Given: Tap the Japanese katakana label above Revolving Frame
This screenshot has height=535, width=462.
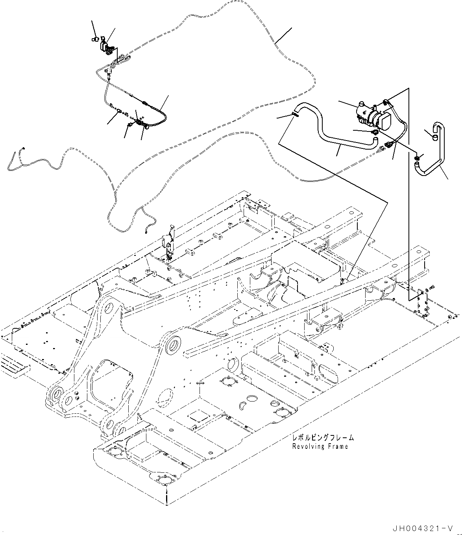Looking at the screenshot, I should click(x=322, y=437).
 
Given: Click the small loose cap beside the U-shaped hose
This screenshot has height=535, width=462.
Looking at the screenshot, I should click(x=434, y=137).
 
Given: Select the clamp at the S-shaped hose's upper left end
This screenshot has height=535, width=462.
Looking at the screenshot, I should click(x=295, y=115).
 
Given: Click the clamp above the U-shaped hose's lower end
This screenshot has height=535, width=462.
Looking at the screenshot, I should click(x=418, y=158).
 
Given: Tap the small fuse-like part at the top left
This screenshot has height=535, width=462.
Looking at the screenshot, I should click(x=95, y=39).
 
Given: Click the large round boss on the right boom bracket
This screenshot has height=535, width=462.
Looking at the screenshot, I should click(x=174, y=346).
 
